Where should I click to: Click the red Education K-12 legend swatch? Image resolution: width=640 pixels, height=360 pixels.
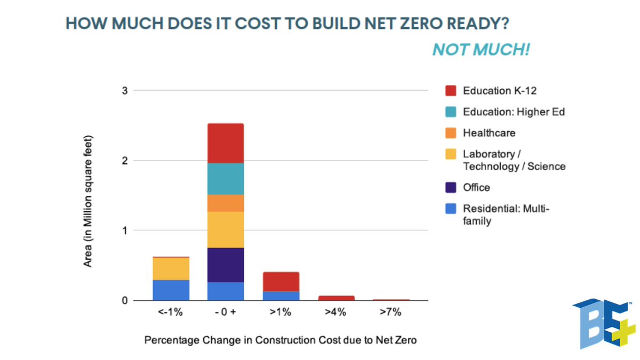coord(451,91)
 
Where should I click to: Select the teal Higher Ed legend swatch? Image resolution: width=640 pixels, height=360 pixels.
coord(451,112)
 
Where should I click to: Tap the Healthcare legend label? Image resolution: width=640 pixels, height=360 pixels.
coord(489,133)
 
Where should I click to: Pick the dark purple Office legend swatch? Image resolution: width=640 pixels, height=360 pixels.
coord(451,187)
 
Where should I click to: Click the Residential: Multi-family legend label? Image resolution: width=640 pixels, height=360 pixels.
coord(506,214)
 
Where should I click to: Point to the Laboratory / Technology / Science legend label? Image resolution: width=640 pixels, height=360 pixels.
coord(514,160)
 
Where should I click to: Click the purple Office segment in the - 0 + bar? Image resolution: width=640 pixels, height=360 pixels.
coord(226,265)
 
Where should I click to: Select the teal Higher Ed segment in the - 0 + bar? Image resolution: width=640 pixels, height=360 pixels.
coord(226,179)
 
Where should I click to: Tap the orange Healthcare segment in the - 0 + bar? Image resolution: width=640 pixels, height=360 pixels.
coord(226,203)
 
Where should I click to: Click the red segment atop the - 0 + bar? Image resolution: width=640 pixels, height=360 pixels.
coord(226,143)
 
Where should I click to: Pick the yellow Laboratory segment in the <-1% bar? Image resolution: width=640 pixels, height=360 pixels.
coord(171,268)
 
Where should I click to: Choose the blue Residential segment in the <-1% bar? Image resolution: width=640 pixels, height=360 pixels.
coord(171,290)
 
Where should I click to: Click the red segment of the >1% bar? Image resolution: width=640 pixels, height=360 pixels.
coord(281,282)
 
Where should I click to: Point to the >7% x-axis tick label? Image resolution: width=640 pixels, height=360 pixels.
coord(390,313)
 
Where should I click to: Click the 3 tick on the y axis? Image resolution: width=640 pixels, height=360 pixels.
coord(125,91)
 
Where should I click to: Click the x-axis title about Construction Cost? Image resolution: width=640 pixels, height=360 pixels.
coord(281,340)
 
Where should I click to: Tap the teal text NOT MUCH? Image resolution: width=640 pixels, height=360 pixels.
coord(481,50)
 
